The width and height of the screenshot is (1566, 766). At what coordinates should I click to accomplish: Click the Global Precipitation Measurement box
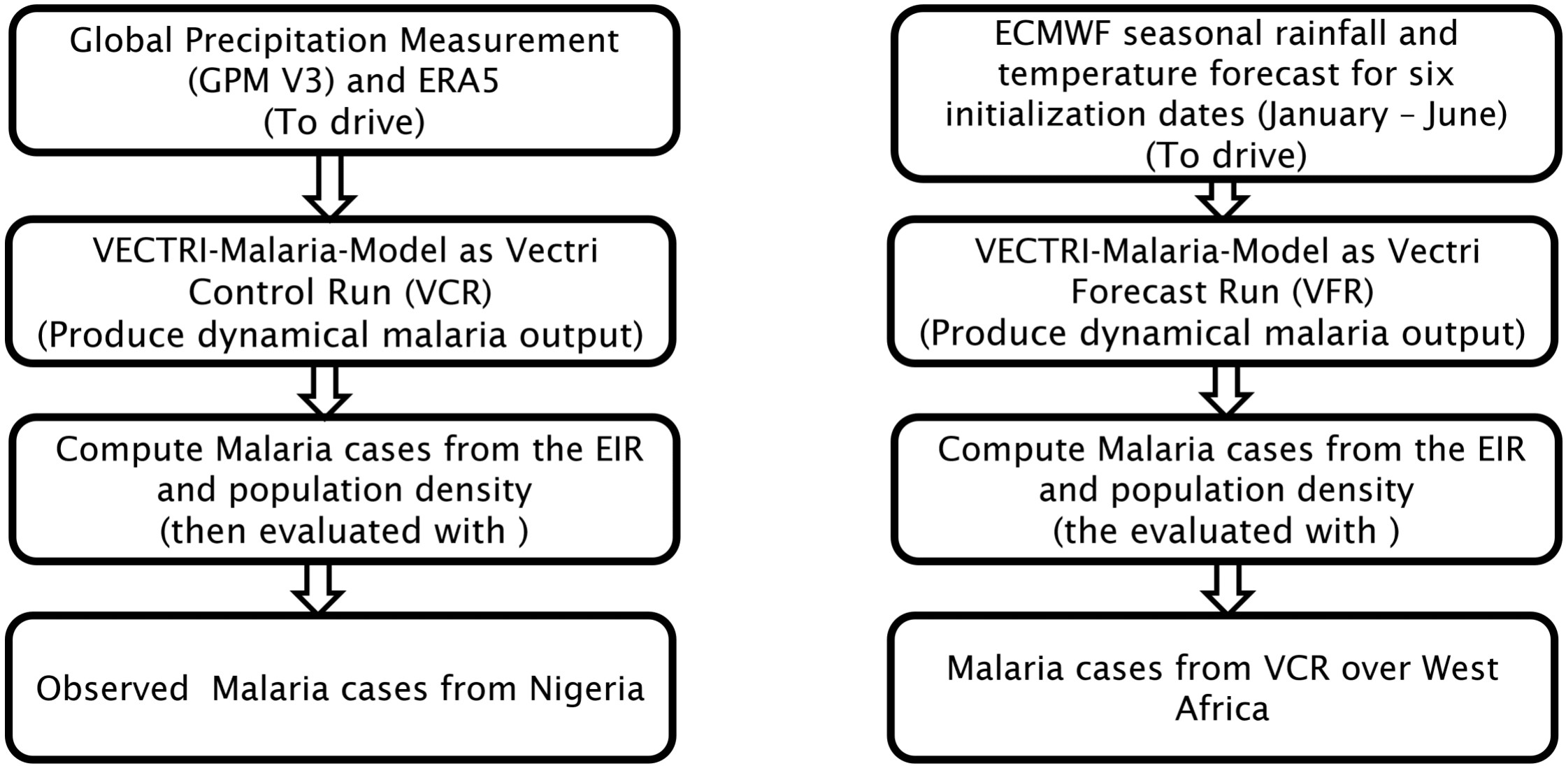click(344, 80)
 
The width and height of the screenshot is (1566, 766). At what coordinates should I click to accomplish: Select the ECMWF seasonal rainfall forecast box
click(1226, 93)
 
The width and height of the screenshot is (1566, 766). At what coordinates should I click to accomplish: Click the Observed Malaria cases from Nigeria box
click(340, 688)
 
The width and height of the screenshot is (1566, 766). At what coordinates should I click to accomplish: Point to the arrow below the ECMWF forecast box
click(1222, 200)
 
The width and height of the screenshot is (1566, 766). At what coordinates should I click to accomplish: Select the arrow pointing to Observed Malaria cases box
click(318, 589)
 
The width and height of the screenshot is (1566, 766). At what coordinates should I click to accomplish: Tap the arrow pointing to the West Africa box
click(1227, 589)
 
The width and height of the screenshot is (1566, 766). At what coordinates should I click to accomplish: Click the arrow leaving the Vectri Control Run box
click(325, 391)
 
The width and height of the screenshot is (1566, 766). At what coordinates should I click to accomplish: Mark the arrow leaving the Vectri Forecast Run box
click(1226, 391)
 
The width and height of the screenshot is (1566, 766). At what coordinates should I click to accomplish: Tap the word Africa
click(1221, 709)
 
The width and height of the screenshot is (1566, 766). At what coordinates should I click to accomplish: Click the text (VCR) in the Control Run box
click(448, 292)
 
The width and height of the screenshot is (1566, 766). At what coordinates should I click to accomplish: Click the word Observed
click(113, 688)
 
